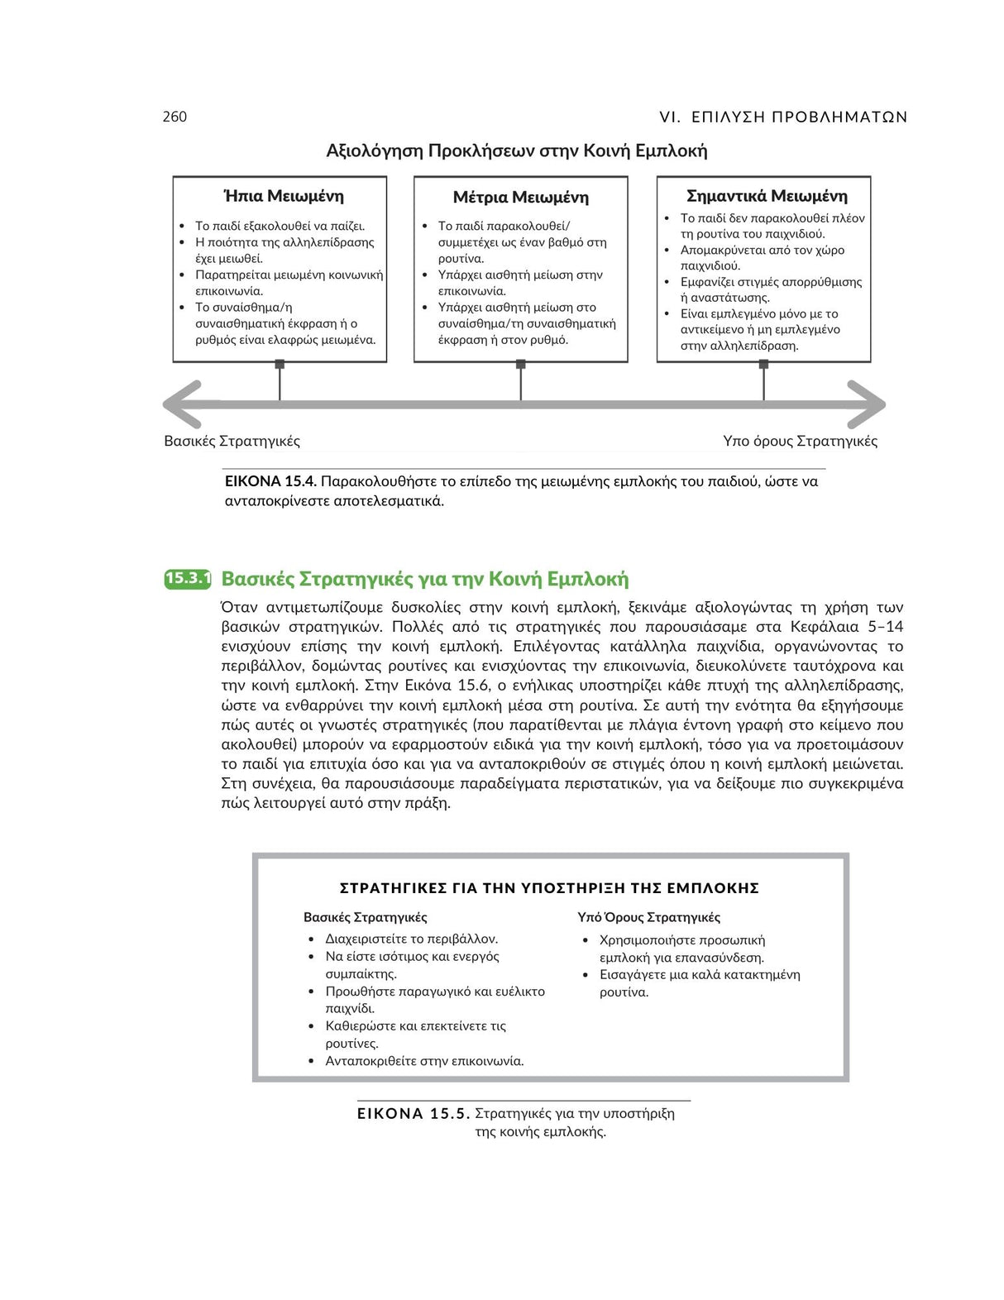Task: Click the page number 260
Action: tap(175, 117)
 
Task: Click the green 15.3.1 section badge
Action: tap(188, 578)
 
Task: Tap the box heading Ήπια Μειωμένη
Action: tap(284, 196)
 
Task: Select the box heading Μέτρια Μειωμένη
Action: tap(520, 197)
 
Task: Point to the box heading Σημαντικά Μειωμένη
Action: tap(767, 196)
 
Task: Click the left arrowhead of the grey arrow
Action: tap(182, 404)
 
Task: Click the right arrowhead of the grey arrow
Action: tap(868, 404)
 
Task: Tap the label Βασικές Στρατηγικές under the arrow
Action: tap(232, 441)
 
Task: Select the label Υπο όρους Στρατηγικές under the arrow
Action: tap(800, 441)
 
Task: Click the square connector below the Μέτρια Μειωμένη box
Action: tap(521, 364)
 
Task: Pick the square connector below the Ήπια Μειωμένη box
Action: tap(280, 364)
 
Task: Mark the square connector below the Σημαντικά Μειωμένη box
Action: tap(763, 364)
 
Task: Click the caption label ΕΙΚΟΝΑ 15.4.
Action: tap(270, 481)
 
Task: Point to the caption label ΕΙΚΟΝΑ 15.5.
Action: tap(414, 1113)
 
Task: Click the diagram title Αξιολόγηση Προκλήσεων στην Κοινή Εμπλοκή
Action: tap(517, 151)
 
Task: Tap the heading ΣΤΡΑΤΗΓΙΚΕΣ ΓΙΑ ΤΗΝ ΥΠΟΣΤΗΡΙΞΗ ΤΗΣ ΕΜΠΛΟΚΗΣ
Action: tap(549, 888)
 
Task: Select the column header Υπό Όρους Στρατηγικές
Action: tap(648, 917)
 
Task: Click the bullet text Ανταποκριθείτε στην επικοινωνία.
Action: tap(424, 1061)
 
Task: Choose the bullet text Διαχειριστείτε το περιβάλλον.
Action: tap(411, 939)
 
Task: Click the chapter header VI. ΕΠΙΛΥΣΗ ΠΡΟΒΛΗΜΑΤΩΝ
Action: tap(783, 117)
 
